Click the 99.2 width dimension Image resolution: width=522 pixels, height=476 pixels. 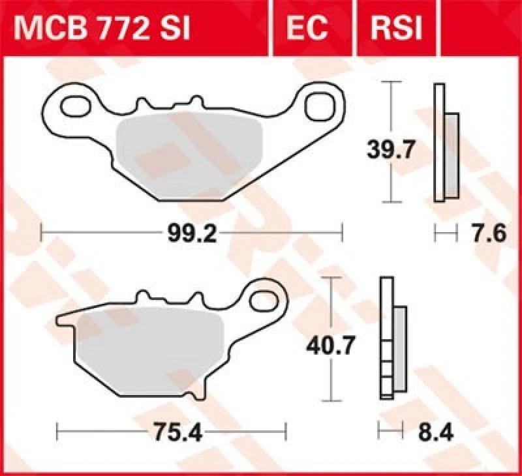[x=191, y=233]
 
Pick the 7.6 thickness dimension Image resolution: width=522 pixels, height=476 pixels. [x=489, y=233]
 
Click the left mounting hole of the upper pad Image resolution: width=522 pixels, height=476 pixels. [x=75, y=106]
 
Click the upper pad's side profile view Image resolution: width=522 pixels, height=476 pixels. [x=446, y=143]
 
